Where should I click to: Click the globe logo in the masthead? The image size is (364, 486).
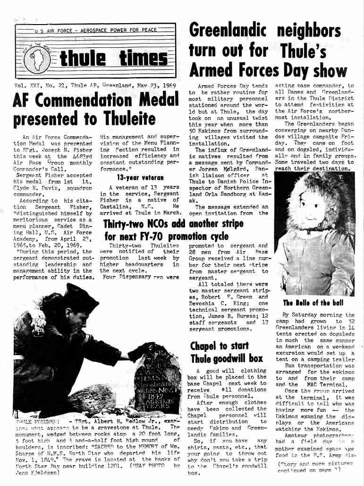(37, 61)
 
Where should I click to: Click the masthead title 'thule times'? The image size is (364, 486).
(114, 59)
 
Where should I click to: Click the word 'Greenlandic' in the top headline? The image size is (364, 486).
(228, 31)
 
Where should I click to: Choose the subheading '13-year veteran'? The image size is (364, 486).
(140, 178)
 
